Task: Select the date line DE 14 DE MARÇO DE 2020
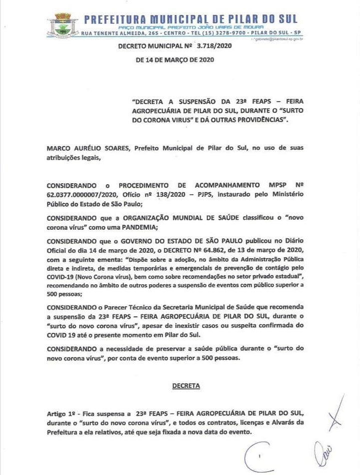175,60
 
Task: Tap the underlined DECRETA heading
186,386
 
